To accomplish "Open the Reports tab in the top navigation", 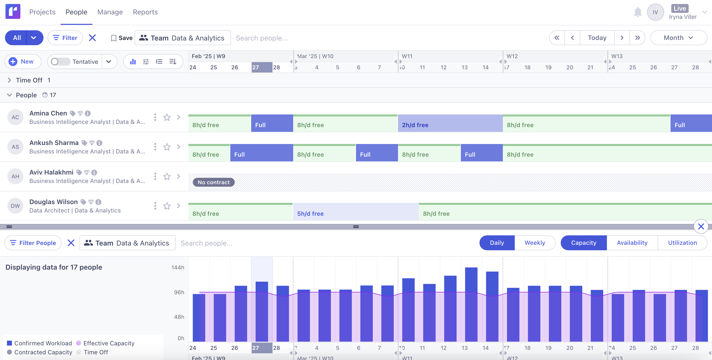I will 145,12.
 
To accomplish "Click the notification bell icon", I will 638,12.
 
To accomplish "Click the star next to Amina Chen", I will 167,117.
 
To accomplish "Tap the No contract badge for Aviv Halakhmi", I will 213,182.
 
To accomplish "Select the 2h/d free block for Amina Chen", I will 450,125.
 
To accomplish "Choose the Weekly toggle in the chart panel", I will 535,243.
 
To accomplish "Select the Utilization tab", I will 682,243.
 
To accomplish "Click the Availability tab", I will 632,243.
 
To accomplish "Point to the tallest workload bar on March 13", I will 471,304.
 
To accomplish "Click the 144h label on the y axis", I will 177,267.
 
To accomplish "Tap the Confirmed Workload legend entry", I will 39,343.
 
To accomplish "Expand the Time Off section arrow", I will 9,80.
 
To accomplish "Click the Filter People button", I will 33,243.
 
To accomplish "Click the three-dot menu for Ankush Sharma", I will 155,147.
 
